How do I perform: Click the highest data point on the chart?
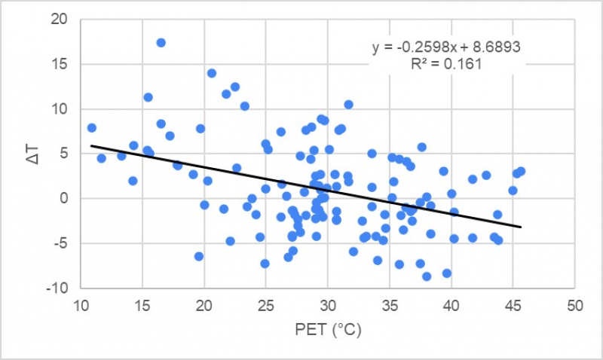coord(161,43)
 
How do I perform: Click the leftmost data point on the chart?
coord(91,128)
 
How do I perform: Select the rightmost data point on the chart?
coord(521,172)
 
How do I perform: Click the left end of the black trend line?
coord(91,146)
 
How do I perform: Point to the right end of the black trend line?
coord(520,227)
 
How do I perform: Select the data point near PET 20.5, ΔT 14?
coord(212,73)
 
